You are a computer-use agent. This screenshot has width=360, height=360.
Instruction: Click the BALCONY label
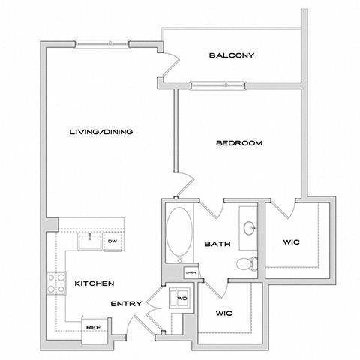point(232,55)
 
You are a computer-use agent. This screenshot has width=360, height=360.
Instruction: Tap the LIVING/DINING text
point(100,132)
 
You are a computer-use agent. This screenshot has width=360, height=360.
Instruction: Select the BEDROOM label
point(238,144)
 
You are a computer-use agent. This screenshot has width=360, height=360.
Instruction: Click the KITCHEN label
point(94,283)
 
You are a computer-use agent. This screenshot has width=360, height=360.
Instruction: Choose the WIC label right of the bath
point(292,242)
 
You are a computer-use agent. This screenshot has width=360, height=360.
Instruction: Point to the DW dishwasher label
point(112,241)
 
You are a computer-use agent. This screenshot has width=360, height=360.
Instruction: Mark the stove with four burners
point(55,282)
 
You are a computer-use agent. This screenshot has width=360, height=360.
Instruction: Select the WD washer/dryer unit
point(181,297)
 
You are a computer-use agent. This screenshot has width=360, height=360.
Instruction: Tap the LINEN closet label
point(190,272)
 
